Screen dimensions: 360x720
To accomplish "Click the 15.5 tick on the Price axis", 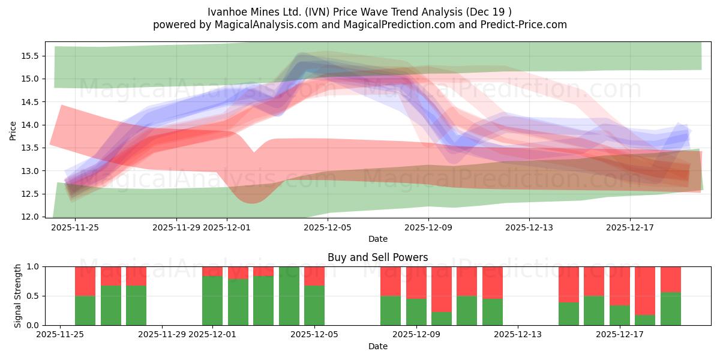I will pos(30,56).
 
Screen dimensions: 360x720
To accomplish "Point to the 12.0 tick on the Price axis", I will pos(30,217).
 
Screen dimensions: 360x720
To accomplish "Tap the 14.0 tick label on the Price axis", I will pos(30,125).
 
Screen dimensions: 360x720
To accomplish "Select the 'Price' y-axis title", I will pos(13,130).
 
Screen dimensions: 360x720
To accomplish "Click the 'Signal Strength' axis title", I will pos(18,295).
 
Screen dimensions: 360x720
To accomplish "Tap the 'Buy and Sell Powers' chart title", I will pos(377,257).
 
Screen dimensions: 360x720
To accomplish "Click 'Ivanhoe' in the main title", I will pos(226,12).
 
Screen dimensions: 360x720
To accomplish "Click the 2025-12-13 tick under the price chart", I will pos(529,227).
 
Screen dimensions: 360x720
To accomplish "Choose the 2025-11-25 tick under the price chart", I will pos(75,227).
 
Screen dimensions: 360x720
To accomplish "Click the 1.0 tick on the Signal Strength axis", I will pos(33,266).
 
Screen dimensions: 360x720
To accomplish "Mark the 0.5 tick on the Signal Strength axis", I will pos(33,296).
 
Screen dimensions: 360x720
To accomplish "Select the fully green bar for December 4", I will pos(289,296).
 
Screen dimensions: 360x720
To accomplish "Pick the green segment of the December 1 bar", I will pos(212,301).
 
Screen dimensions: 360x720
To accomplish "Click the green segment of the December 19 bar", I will pos(670,309).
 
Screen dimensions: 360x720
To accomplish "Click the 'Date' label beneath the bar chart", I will pos(377,346).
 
